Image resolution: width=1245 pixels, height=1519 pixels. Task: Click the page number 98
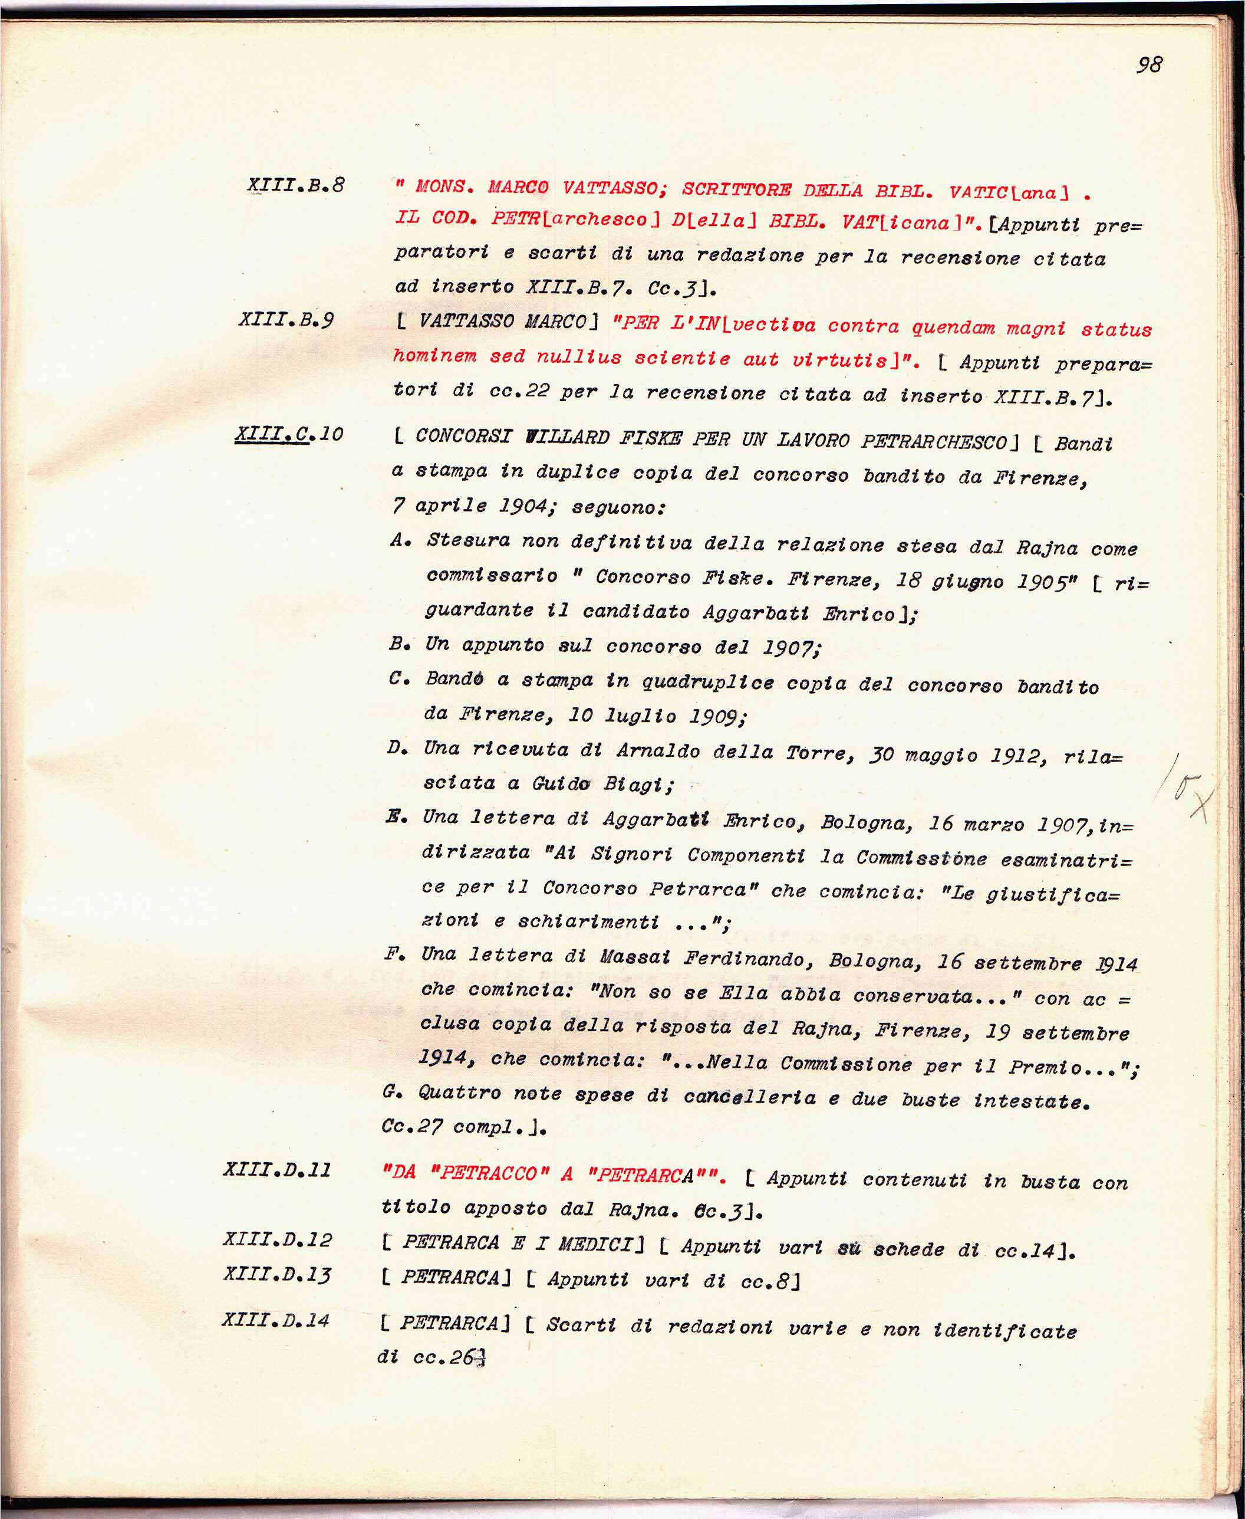[1149, 64]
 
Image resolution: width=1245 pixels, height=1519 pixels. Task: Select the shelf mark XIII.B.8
[295, 185]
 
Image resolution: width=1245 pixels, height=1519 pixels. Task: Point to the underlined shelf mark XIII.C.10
[289, 434]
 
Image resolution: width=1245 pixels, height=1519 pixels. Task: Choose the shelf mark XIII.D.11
[277, 1170]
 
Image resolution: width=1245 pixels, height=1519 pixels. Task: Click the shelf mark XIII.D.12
[278, 1239]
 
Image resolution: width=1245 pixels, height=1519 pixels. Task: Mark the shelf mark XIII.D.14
[275, 1320]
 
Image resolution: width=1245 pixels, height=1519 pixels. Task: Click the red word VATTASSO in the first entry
[610, 189]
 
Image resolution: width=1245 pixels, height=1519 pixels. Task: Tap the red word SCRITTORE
[736, 190]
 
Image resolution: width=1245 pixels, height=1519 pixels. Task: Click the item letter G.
[391, 1092]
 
